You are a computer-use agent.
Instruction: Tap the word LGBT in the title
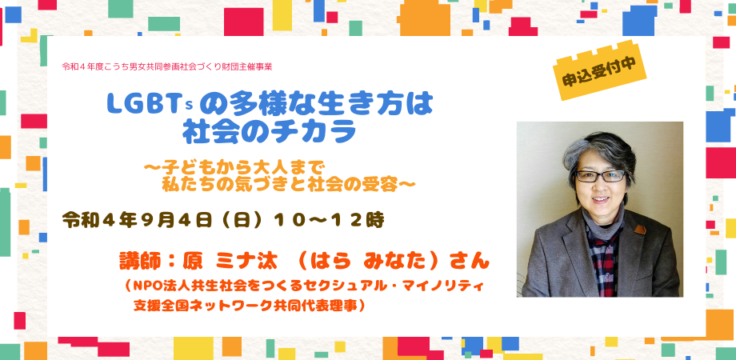point(138,103)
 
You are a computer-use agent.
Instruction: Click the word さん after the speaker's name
point(471,262)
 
